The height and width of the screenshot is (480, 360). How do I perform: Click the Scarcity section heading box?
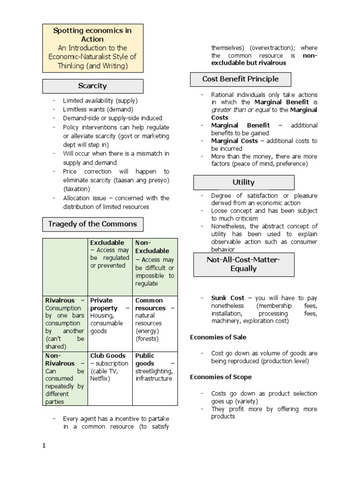point(93,86)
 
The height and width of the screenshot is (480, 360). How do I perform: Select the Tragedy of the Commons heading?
point(93,224)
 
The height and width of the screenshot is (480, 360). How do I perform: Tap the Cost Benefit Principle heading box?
point(240,79)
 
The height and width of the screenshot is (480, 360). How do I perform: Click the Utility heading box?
point(244,182)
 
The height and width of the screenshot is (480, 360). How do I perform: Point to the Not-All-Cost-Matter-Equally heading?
point(244,264)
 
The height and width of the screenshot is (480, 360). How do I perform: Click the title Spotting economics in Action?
point(92,35)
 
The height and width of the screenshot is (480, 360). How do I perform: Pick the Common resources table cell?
point(155,319)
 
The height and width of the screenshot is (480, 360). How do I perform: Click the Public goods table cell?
point(155,367)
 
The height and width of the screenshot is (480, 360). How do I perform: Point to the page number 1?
point(44,446)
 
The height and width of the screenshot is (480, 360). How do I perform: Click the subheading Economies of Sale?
point(218,337)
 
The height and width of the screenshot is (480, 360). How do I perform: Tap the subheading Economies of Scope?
point(221,377)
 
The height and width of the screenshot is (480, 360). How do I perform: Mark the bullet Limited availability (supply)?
point(100,101)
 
